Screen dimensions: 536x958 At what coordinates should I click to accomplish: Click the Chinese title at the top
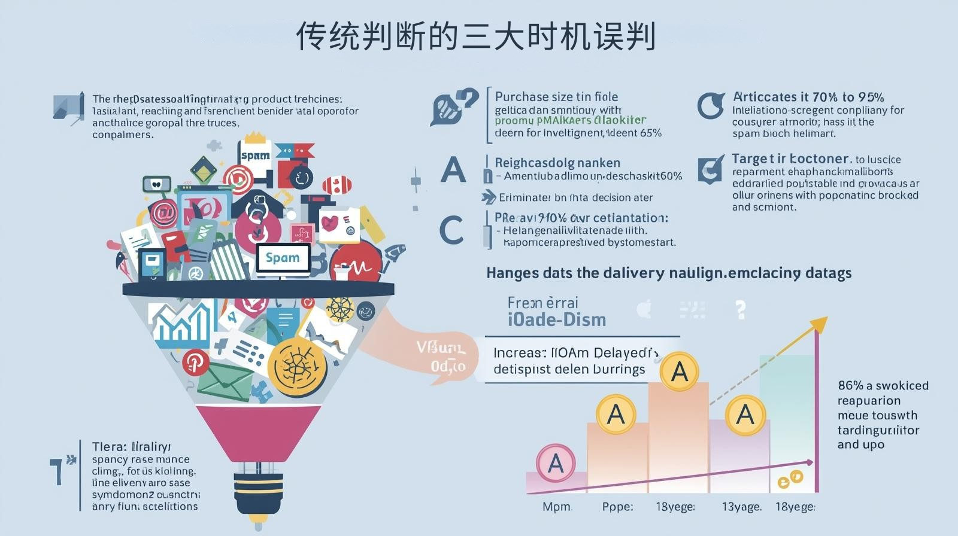point(476,37)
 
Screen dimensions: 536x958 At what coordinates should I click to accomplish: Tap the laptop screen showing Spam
point(283,258)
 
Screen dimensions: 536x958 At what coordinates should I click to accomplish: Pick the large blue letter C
point(451,230)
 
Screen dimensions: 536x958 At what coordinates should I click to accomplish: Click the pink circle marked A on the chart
point(556,463)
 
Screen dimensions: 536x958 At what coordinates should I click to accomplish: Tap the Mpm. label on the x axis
point(557,507)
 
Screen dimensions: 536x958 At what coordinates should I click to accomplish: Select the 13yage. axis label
point(741,507)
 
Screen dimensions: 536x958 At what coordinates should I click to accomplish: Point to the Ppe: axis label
point(617,507)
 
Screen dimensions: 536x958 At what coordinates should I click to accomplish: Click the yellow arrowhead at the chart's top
point(819,325)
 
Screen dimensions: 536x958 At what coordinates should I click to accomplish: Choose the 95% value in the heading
point(871,97)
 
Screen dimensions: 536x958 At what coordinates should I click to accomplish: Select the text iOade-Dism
point(557,320)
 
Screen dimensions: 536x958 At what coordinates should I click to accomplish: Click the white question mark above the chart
point(741,309)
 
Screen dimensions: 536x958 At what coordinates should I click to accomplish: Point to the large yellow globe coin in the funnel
point(297,366)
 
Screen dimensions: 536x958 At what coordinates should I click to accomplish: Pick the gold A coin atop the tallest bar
point(680,371)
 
